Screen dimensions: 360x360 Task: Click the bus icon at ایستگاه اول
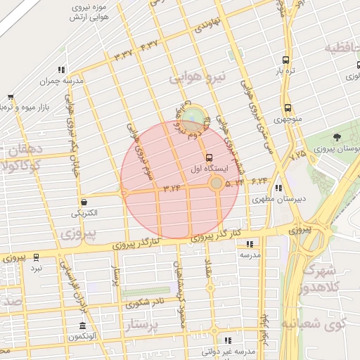click(209, 157)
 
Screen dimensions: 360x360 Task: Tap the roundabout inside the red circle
click(217, 184)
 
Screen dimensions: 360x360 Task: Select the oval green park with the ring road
click(191, 115)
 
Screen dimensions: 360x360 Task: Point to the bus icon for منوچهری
click(288, 108)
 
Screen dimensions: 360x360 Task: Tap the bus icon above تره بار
click(285, 60)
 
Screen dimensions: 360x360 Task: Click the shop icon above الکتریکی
click(84, 201)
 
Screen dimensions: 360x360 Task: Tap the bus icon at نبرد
click(36, 257)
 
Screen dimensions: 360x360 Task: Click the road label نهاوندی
click(211, 25)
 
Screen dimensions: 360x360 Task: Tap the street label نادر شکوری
click(146, 304)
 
